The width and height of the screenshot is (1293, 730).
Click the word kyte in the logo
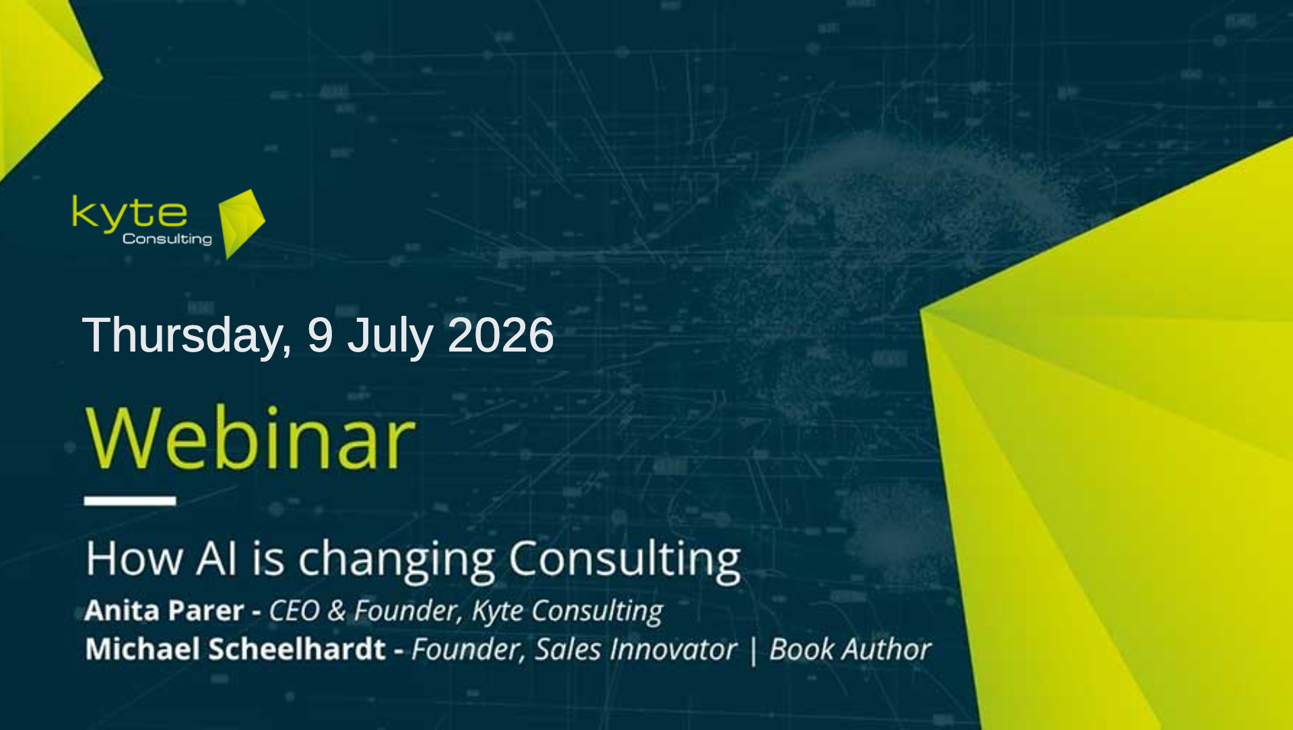pyautogui.click(x=129, y=213)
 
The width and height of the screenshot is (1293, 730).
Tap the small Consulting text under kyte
pyautogui.click(x=167, y=240)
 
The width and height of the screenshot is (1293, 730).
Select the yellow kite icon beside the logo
pyautogui.click(x=242, y=224)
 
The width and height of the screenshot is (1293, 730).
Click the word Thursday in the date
pyautogui.click(x=187, y=335)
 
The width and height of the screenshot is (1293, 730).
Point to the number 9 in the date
pyautogui.click(x=320, y=335)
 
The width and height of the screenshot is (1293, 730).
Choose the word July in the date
pyautogui.click(x=389, y=336)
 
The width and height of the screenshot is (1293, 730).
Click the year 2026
pyautogui.click(x=500, y=335)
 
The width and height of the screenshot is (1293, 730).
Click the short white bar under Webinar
pyautogui.click(x=130, y=500)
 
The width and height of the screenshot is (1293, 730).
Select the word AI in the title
pyautogui.click(x=217, y=558)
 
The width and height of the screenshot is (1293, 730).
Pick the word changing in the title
pyautogui.click(x=397, y=561)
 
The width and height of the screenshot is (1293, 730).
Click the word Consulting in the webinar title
pyautogui.click(x=624, y=561)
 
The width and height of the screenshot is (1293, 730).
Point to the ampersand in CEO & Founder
pyautogui.click(x=336, y=611)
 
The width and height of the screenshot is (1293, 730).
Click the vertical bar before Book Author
pyautogui.click(x=753, y=651)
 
